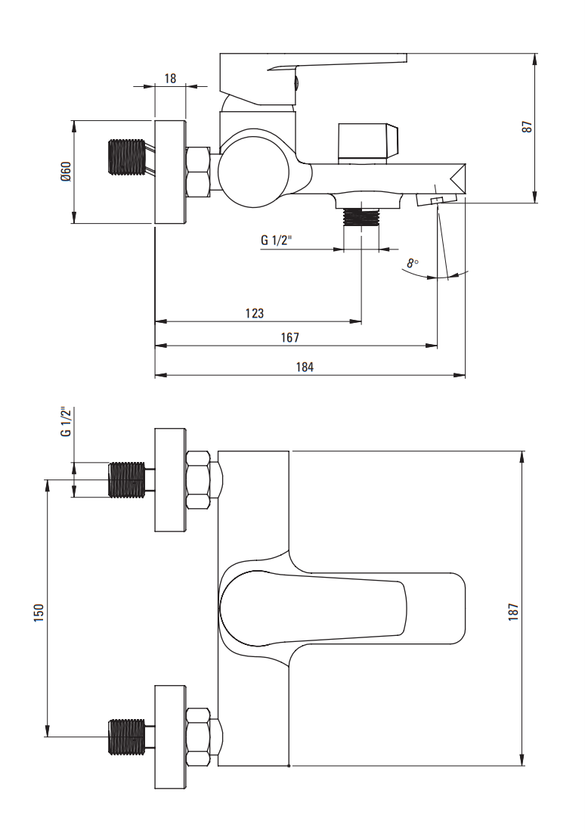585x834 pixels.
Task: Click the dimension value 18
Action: tap(170, 78)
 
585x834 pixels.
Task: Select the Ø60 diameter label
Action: tap(66, 172)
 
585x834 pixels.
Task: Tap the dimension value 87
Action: tap(528, 127)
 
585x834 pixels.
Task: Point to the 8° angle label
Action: tap(412, 263)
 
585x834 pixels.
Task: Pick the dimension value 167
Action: tap(290, 337)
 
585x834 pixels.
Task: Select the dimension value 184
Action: tap(305, 367)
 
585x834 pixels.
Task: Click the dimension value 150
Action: tap(39, 612)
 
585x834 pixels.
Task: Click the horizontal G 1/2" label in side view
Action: tap(277, 240)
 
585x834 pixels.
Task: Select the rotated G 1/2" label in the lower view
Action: tap(66, 422)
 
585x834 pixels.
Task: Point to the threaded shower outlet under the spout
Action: tap(360, 218)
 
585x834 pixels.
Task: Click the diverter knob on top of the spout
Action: tap(369, 141)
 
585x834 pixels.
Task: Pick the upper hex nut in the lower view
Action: tap(198, 480)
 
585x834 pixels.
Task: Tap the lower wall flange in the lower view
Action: tap(170, 736)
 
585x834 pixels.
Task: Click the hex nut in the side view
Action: tap(198, 172)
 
